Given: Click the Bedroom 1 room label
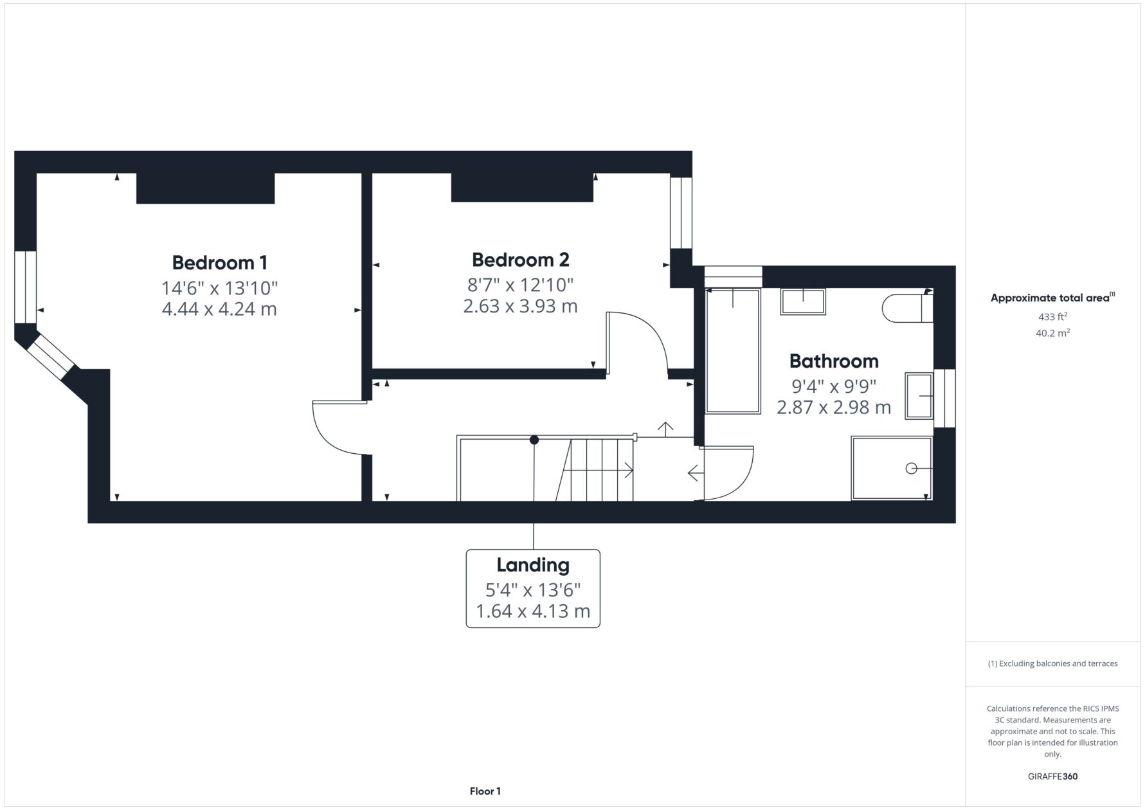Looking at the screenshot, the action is click(x=219, y=263).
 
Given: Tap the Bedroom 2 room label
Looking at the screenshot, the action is click(x=520, y=260).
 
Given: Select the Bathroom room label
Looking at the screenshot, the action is click(x=834, y=361).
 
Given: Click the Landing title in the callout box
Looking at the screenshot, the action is click(x=533, y=566).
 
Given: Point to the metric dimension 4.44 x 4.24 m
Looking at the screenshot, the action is click(x=219, y=309).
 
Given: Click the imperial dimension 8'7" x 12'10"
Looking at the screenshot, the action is click(x=520, y=284).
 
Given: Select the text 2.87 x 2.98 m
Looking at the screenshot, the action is click(x=834, y=408).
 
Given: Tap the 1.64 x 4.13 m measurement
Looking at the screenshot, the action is click(x=533, y=611).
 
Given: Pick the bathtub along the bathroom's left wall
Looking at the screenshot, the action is click(x=733, y=351).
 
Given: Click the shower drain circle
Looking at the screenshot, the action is click(x=911, y=469).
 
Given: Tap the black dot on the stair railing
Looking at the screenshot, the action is click(x=534, y=440).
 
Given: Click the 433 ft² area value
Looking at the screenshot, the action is click(x=1052, y=316).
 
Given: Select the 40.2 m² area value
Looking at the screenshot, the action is click(x=1052, y=333).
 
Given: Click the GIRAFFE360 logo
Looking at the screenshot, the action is click(x=1052, y=777).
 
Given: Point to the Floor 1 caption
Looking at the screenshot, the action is click(x=485, y=791).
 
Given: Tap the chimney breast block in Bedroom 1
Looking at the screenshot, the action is click(x=206, y=188).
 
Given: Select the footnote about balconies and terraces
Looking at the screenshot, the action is click(x=1052, y=663).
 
